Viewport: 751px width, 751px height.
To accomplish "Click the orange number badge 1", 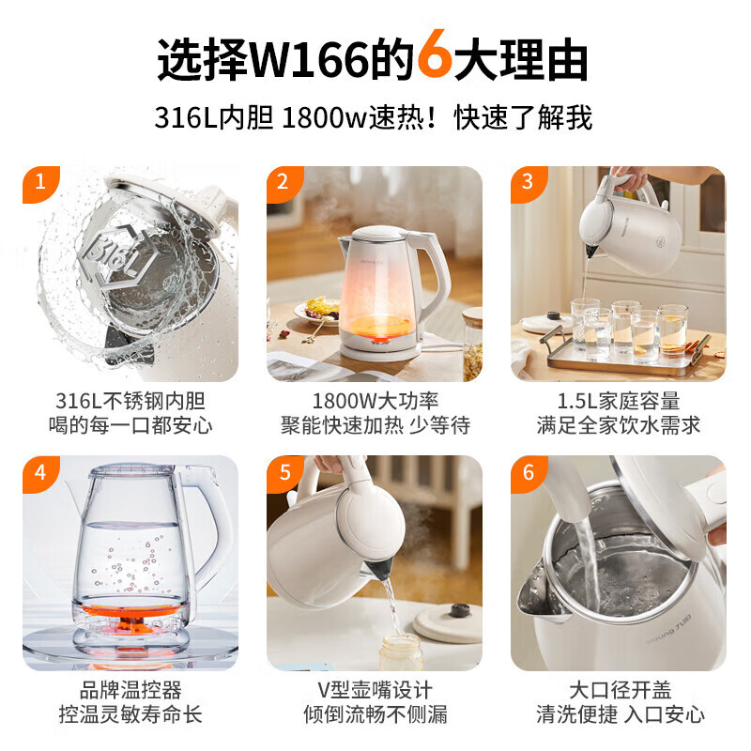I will [39, 182].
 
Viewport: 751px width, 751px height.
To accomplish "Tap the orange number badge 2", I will [283, 182].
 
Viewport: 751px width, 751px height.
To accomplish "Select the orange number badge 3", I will [527, 182].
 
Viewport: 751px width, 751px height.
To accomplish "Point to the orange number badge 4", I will [39, 471].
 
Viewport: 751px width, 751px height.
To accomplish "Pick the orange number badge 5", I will [283, 471].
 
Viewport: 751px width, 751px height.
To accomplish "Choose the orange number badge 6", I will [527, 471].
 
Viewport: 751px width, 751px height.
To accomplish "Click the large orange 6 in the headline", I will [434, 58].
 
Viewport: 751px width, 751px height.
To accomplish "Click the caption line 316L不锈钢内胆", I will [131, 401].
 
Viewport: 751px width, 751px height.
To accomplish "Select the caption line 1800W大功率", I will [375, 401].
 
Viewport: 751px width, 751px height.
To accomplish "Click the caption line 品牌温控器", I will [131, 690].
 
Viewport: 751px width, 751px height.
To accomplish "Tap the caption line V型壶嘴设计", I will [375, 690].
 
